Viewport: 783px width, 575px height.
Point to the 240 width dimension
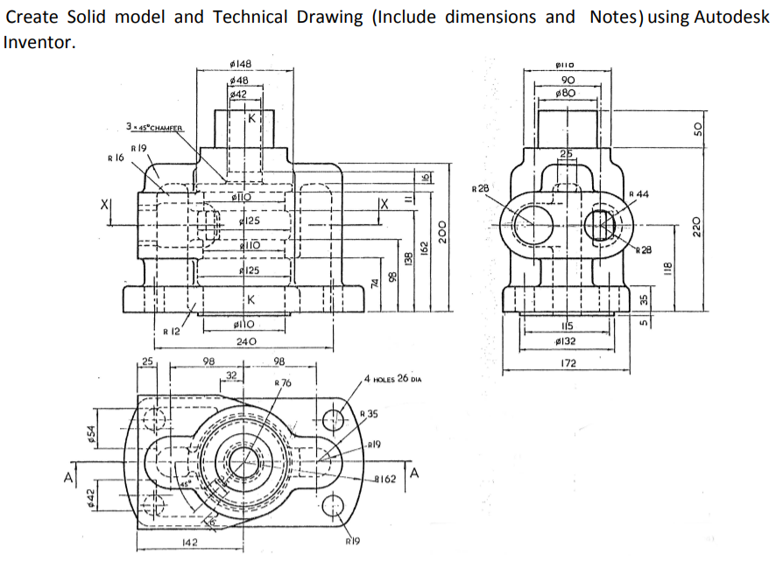(245, 341)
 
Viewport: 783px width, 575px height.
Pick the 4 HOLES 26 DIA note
(391, 380)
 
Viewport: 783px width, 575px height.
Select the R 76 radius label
(283, 383)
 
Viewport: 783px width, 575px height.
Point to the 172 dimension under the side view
(567, 362)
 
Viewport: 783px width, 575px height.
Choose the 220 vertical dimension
(698, 225)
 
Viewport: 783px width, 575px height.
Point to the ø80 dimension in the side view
(567, 92)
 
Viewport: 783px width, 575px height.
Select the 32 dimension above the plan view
(232, 375)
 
